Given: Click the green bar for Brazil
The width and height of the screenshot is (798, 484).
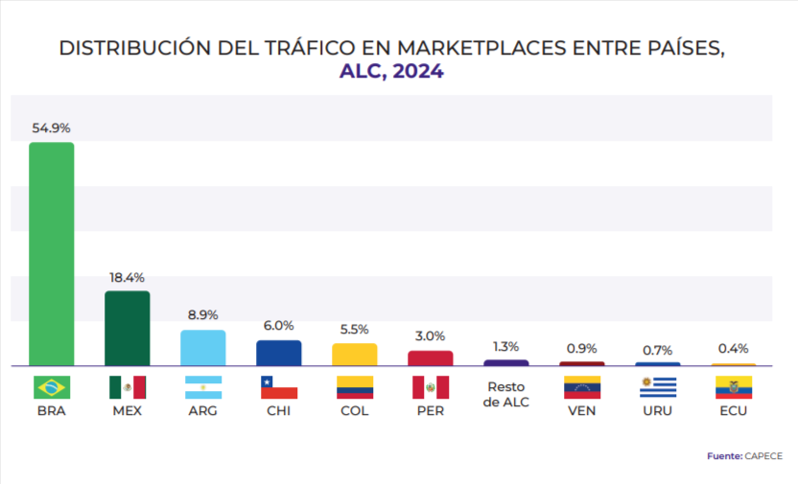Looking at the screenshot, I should click(52, 254).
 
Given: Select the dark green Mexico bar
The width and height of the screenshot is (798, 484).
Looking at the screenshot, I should click(127, 328).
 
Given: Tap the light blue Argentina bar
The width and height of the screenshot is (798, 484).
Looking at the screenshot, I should click(203, 348).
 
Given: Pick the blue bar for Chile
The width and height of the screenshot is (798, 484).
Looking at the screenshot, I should click(279, 353).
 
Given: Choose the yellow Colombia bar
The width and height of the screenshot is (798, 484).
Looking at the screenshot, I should click(355, 355).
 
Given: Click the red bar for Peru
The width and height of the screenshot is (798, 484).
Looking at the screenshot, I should click(431, 358).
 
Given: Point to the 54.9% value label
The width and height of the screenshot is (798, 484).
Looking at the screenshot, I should click(52, 127).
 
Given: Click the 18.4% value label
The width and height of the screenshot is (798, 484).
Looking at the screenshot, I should click(127, 277).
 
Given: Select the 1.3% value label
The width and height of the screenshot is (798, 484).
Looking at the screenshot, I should click(506, 346).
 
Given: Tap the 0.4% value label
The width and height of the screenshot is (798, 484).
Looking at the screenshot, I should click(734, 349).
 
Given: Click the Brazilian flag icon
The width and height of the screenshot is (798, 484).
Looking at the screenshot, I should click(52, 387).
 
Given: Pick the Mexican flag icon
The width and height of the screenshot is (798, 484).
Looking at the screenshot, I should click(127, 387).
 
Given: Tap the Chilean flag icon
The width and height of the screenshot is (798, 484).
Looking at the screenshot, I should click(279, 387).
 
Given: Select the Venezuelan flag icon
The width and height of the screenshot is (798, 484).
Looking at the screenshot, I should click(582, 387).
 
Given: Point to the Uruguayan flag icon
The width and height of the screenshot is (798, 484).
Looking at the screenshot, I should click(658, 387).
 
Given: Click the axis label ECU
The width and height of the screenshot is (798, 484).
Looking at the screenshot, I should click(734, 411).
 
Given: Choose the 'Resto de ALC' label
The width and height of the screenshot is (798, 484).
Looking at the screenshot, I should click(506, 395).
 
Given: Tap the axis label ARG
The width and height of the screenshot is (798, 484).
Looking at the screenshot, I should click(203, 411).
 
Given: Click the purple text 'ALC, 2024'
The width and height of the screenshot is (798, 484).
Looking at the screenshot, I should click(391, 71).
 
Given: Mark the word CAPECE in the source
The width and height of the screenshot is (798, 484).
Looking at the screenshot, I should click(763, 455).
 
